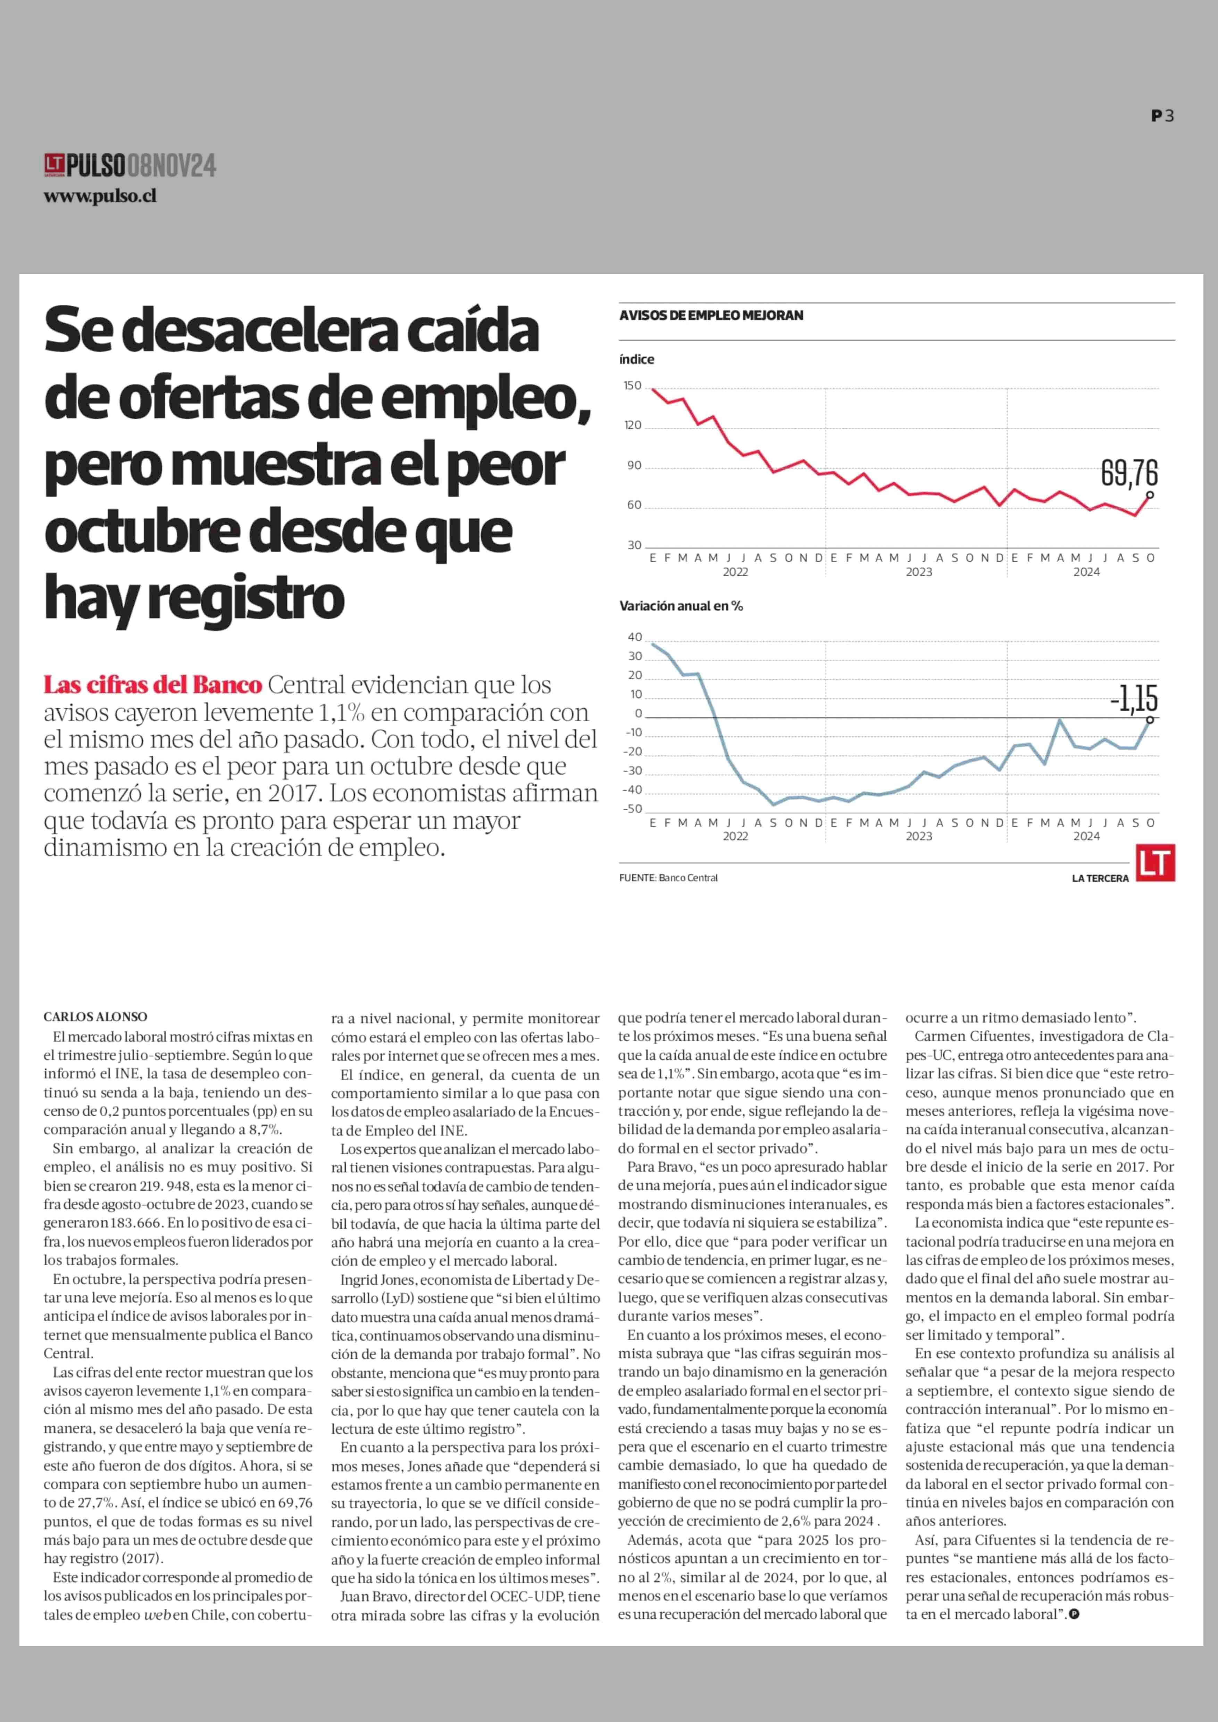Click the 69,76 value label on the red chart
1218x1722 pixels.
tap(1129, 473)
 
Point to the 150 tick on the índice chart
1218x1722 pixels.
tap(632, 386)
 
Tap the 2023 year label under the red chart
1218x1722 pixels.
tap(919, 572)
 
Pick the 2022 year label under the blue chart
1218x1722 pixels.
tap(735, 836)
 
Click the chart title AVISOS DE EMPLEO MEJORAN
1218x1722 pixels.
tap(711, 315)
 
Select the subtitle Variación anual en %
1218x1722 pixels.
tap(681, 605)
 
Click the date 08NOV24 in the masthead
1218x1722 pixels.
tap(172, 165)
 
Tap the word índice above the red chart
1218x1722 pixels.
tap(637, 359)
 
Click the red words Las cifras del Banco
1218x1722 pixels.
tap(153, 685)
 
